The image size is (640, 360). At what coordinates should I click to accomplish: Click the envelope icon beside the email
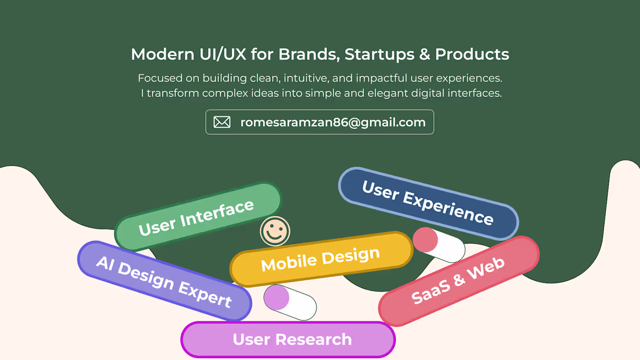coord(222,122)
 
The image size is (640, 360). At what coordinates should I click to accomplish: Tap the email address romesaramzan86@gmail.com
coord(333,122)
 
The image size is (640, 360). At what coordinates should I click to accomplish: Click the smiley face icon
coord(275,231)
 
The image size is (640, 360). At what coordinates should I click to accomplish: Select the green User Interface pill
coord(198,217)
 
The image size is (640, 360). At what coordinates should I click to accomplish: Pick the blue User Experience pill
coord(428,204)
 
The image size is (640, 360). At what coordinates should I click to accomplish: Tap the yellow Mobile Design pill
coord(321,259)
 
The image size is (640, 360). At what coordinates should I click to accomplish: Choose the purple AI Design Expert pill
coord(165,281)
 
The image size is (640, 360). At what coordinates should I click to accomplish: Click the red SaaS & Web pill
coord(459,281)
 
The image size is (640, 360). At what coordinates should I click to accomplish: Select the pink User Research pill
coord(288,340)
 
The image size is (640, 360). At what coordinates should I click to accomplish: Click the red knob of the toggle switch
coord(425,240)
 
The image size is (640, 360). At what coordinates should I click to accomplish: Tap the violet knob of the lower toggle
coord(276,297)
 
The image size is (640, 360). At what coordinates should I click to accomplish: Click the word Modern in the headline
coord(163,54)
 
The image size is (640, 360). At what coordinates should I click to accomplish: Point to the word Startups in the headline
coord(379,54)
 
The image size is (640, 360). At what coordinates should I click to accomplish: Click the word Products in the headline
coord(472,54)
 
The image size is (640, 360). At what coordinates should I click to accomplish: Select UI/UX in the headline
coord(223,54)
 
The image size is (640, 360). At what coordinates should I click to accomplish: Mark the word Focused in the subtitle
coord(160,78)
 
